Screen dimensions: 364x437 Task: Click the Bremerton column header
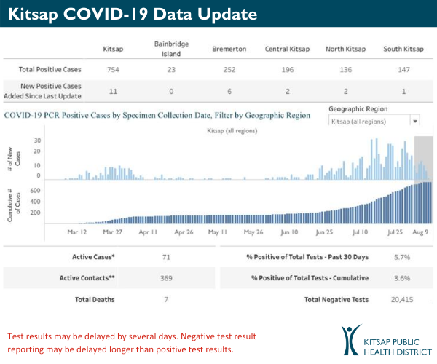[229, 49]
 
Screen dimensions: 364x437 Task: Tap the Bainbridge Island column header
[172, 49]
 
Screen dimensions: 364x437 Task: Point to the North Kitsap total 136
[345, 70]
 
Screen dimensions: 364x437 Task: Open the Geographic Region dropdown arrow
[414, 122]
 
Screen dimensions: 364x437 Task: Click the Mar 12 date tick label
[77, 232]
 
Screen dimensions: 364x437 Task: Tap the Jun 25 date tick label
[326, 232]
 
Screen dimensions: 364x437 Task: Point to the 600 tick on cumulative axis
[34, 191]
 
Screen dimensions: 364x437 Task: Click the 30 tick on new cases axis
[36, 141]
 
